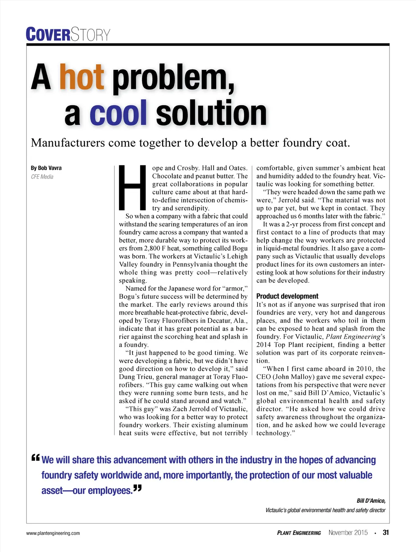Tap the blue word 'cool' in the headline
(118, 113)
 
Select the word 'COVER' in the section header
(48, 35)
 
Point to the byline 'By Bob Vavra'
(46, 168)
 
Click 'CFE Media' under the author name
(42, 177)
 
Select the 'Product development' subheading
(287, 296)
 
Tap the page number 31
(386, 532)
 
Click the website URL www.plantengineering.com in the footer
(53, 533)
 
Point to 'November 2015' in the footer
(348, 532)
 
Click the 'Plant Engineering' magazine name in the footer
(299, 533)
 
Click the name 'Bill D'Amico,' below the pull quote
(371, 501)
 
